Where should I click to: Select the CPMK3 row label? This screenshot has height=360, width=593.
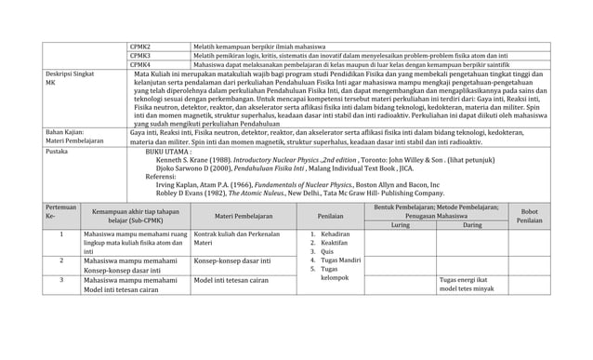(141, 55)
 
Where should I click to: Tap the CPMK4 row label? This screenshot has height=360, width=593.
(141, 65)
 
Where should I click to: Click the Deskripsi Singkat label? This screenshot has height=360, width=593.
(68, 75)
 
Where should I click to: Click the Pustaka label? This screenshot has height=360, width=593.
(57, 149)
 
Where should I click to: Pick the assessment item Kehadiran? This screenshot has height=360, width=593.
(336, 234)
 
